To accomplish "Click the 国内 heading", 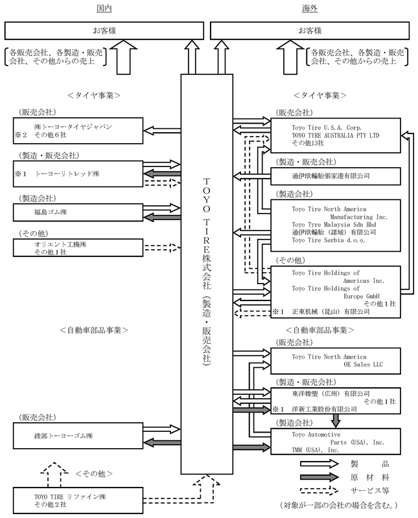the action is tap(104, 8).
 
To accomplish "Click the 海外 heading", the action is tap(310, 8).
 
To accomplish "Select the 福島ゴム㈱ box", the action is tap(78, 212).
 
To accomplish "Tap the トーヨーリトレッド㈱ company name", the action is tap(67, 174).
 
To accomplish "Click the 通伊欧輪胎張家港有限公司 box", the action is tap(336, 176).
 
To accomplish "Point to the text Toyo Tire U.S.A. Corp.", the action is tap(327, 128).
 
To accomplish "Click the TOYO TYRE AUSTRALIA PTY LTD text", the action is tap(335, 135).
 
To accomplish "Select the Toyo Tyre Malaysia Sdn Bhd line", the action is tap(334, 225).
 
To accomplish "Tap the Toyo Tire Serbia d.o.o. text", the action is tap(329, 240).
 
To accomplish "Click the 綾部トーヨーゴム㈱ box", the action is tap(78, 436).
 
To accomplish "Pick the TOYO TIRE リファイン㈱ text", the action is tap(70, 497).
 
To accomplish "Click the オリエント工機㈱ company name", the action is tap(60, 245).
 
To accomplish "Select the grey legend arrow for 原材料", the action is tap(319, 477).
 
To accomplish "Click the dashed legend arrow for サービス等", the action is tap(319, 491).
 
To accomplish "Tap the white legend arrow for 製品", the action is tap(319, 464).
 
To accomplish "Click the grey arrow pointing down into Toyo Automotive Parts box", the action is tap(336, 421).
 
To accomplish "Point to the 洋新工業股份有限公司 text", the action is tap(324, 409).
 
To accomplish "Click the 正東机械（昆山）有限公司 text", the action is tap(331, 311).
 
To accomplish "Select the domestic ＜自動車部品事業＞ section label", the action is tap(94, 330).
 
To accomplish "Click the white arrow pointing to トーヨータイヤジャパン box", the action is tap(162, 131).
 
